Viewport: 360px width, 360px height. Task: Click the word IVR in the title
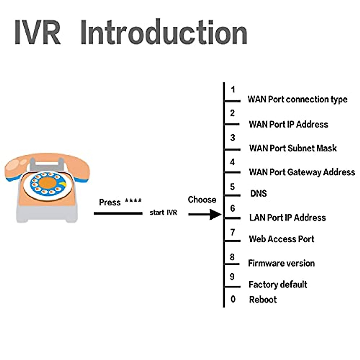[x=37, y=32]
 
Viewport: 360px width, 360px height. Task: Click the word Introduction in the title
[x=164, y=32]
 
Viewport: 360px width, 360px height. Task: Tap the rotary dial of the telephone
[x=47, y=183]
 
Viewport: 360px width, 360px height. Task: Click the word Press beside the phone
[x=110, y=202]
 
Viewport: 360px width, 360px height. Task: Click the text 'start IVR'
[x=163, y=212]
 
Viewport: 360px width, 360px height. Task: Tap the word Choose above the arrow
[x=202, y=200]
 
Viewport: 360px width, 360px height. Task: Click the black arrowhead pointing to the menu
[x=215, y=214]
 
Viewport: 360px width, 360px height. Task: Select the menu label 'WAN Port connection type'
[x=297, y=99]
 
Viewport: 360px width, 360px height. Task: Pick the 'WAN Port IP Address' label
[x=288, y=124]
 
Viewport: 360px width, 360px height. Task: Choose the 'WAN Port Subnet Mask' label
[x=293, y=148]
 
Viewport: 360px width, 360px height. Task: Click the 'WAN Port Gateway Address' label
[x=302, y=172]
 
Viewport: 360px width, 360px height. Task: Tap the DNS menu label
[x=259, y=193]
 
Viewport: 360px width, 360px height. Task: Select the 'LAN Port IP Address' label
[x=287, y=217]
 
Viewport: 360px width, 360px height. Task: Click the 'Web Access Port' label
[x=281, y=239]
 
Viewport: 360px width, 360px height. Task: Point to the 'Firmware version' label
[x=281, y=263]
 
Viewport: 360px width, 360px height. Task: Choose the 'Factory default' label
[x=278, y=284]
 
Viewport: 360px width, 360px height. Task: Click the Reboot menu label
[x=263, y=299]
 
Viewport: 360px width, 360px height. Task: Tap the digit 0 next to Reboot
[x=233, y=299]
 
